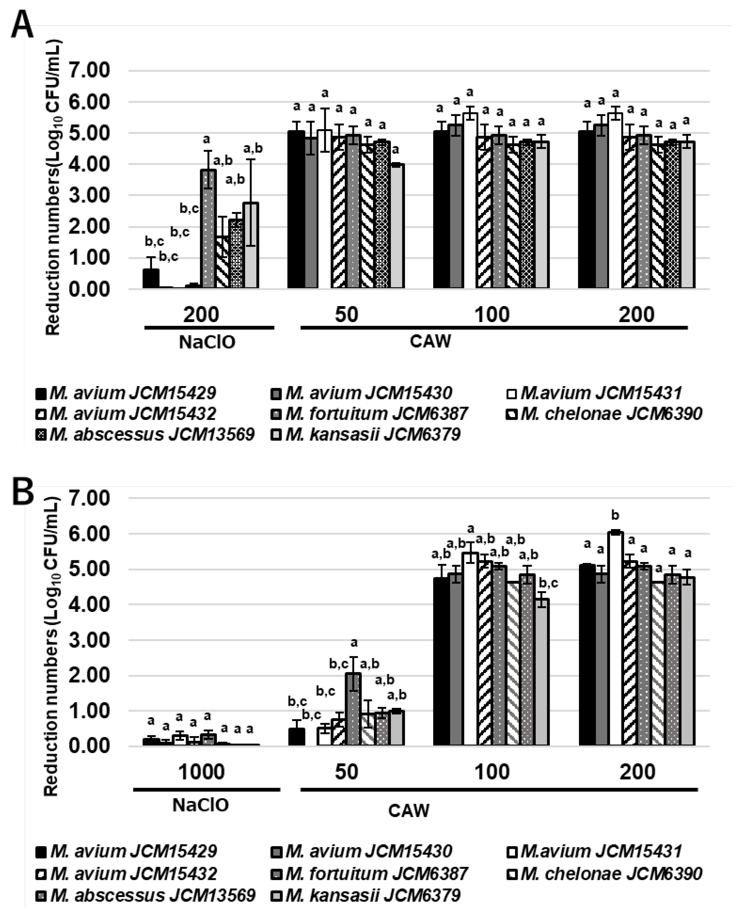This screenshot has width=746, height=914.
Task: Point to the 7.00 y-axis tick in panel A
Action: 92,70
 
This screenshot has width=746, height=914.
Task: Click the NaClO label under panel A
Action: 207,343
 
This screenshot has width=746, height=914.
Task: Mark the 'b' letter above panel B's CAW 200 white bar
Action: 615,515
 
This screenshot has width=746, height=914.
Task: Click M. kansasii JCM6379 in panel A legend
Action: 373,435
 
